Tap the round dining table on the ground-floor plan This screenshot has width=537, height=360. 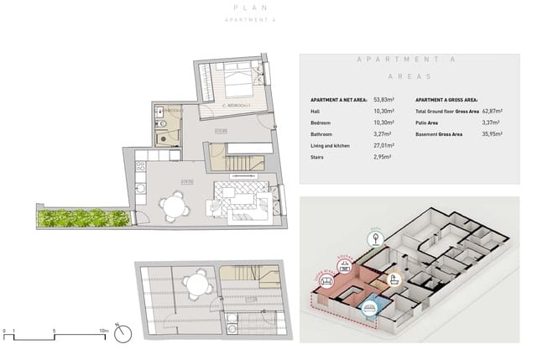pyautogui.click(x=174, y=204)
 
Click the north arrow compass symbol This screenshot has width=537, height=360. pyautogui.click(x=123, y=334)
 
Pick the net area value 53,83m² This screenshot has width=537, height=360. pyautogui.click(x=385, y=99)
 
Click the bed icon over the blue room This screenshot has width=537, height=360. pyautogui.click(x=369, y=308)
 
